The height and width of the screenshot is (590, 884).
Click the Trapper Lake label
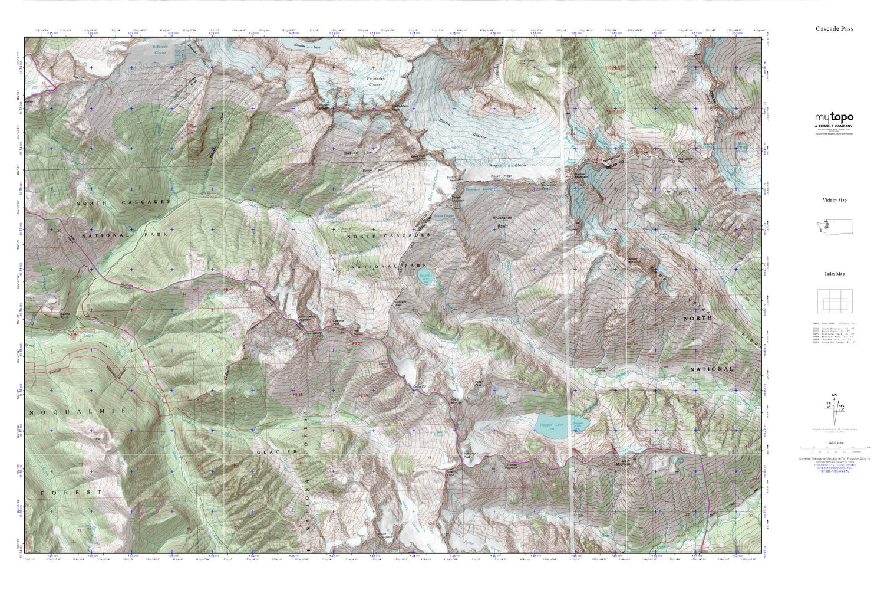pos(551,425)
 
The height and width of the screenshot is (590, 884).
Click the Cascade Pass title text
pos(834,28)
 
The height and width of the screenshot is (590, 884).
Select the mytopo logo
pos(834,117)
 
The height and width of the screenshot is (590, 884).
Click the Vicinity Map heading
pos(834,200)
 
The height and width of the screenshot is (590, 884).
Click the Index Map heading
pos(834,274)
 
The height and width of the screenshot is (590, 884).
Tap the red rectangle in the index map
pos(834,304)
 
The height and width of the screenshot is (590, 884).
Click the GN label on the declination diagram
pos(834,395)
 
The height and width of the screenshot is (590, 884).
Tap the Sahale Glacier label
pos(443,216)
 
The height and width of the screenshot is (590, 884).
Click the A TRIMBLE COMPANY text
pos(834,126)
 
